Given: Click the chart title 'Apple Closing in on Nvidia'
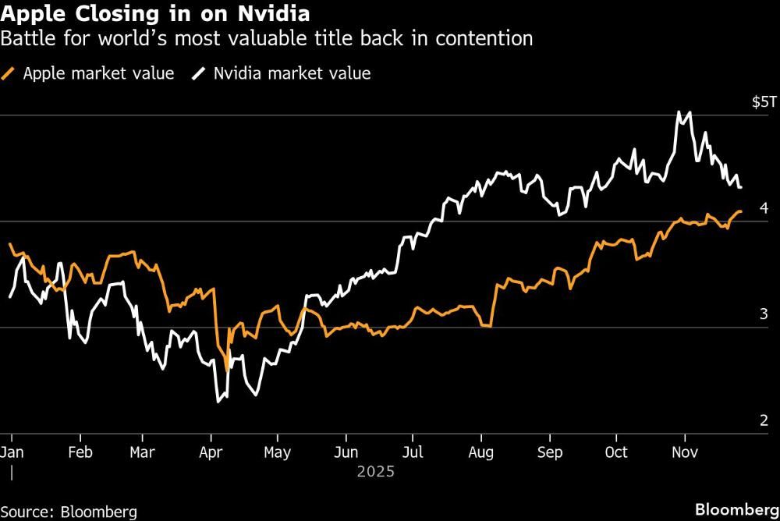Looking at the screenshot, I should (x=156, y=13).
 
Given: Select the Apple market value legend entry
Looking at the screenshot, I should (x=90, y=73).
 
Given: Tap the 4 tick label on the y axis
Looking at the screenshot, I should (x=764, y=208).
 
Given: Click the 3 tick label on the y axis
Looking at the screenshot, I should (x=764, y=314).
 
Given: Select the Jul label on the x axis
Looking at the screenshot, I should (x=413, y=452).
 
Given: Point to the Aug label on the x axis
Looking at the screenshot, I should (x=481, y=452).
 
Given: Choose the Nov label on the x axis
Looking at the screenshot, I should (x=684, y=452).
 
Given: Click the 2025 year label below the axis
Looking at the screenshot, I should (x=375, y=472).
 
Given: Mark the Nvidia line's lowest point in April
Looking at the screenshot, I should (x=218, y=402).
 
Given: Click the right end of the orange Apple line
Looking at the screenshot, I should (x=740, y=211).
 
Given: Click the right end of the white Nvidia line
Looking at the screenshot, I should (x=740, y=187).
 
